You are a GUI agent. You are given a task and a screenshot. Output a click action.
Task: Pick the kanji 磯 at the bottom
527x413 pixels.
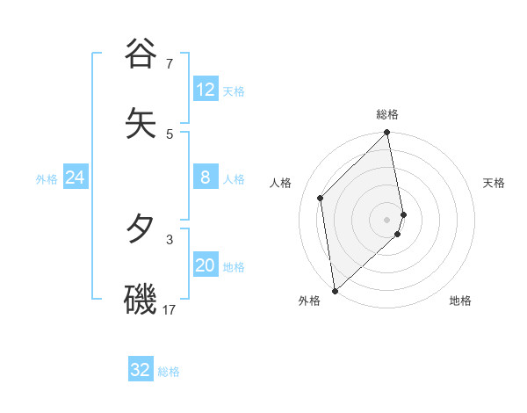[x=141, y=299]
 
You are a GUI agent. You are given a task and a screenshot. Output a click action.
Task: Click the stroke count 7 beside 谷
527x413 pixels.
[x=170, y=64]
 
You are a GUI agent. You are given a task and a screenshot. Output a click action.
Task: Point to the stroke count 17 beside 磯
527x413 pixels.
[x=170, y=310]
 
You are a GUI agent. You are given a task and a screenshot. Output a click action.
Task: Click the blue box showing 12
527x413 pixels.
[x=206, y=90]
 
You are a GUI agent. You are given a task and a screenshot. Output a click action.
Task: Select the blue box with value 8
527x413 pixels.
[x=206, y=178]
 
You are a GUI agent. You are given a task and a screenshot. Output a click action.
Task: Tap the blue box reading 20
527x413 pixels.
[x=206, y=265]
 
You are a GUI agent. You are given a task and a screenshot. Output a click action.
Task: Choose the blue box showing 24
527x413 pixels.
[x=76, y=178]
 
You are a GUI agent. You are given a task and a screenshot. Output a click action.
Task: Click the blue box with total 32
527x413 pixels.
[x=141, y=370]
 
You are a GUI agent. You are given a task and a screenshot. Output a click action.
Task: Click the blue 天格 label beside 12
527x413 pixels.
[x=234, y=91]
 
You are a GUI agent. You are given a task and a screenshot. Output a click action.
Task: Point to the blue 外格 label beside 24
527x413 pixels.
[x=47, y=179]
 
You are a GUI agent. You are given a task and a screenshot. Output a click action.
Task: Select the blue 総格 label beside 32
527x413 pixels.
[x=169, y=372]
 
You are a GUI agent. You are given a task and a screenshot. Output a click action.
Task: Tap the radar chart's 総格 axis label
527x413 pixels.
[x=387, y=114]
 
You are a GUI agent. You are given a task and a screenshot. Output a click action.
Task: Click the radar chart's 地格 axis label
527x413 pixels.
[x=460, y=301]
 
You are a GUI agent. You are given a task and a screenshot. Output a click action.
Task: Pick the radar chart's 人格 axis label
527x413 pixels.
[x=281, y=183]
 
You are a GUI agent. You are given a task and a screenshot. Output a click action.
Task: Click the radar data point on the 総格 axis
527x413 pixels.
[x=387, y=134]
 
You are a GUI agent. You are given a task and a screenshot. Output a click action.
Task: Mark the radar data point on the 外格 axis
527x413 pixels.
[x=335, y=290]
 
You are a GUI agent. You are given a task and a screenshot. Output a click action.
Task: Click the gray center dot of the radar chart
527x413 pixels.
[x=387, y=219]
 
